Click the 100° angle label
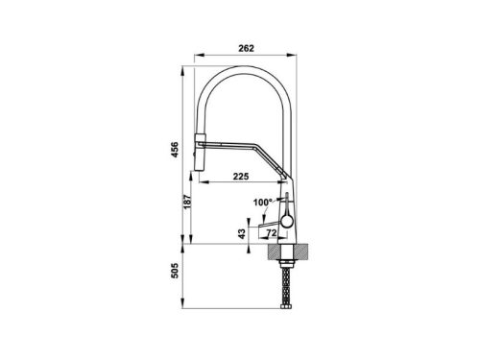pyautogui.click(x=262, y=203)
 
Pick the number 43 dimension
pyautogui.click(x=242, y=233)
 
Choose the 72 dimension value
pyautogui.click(x=272, y=233)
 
